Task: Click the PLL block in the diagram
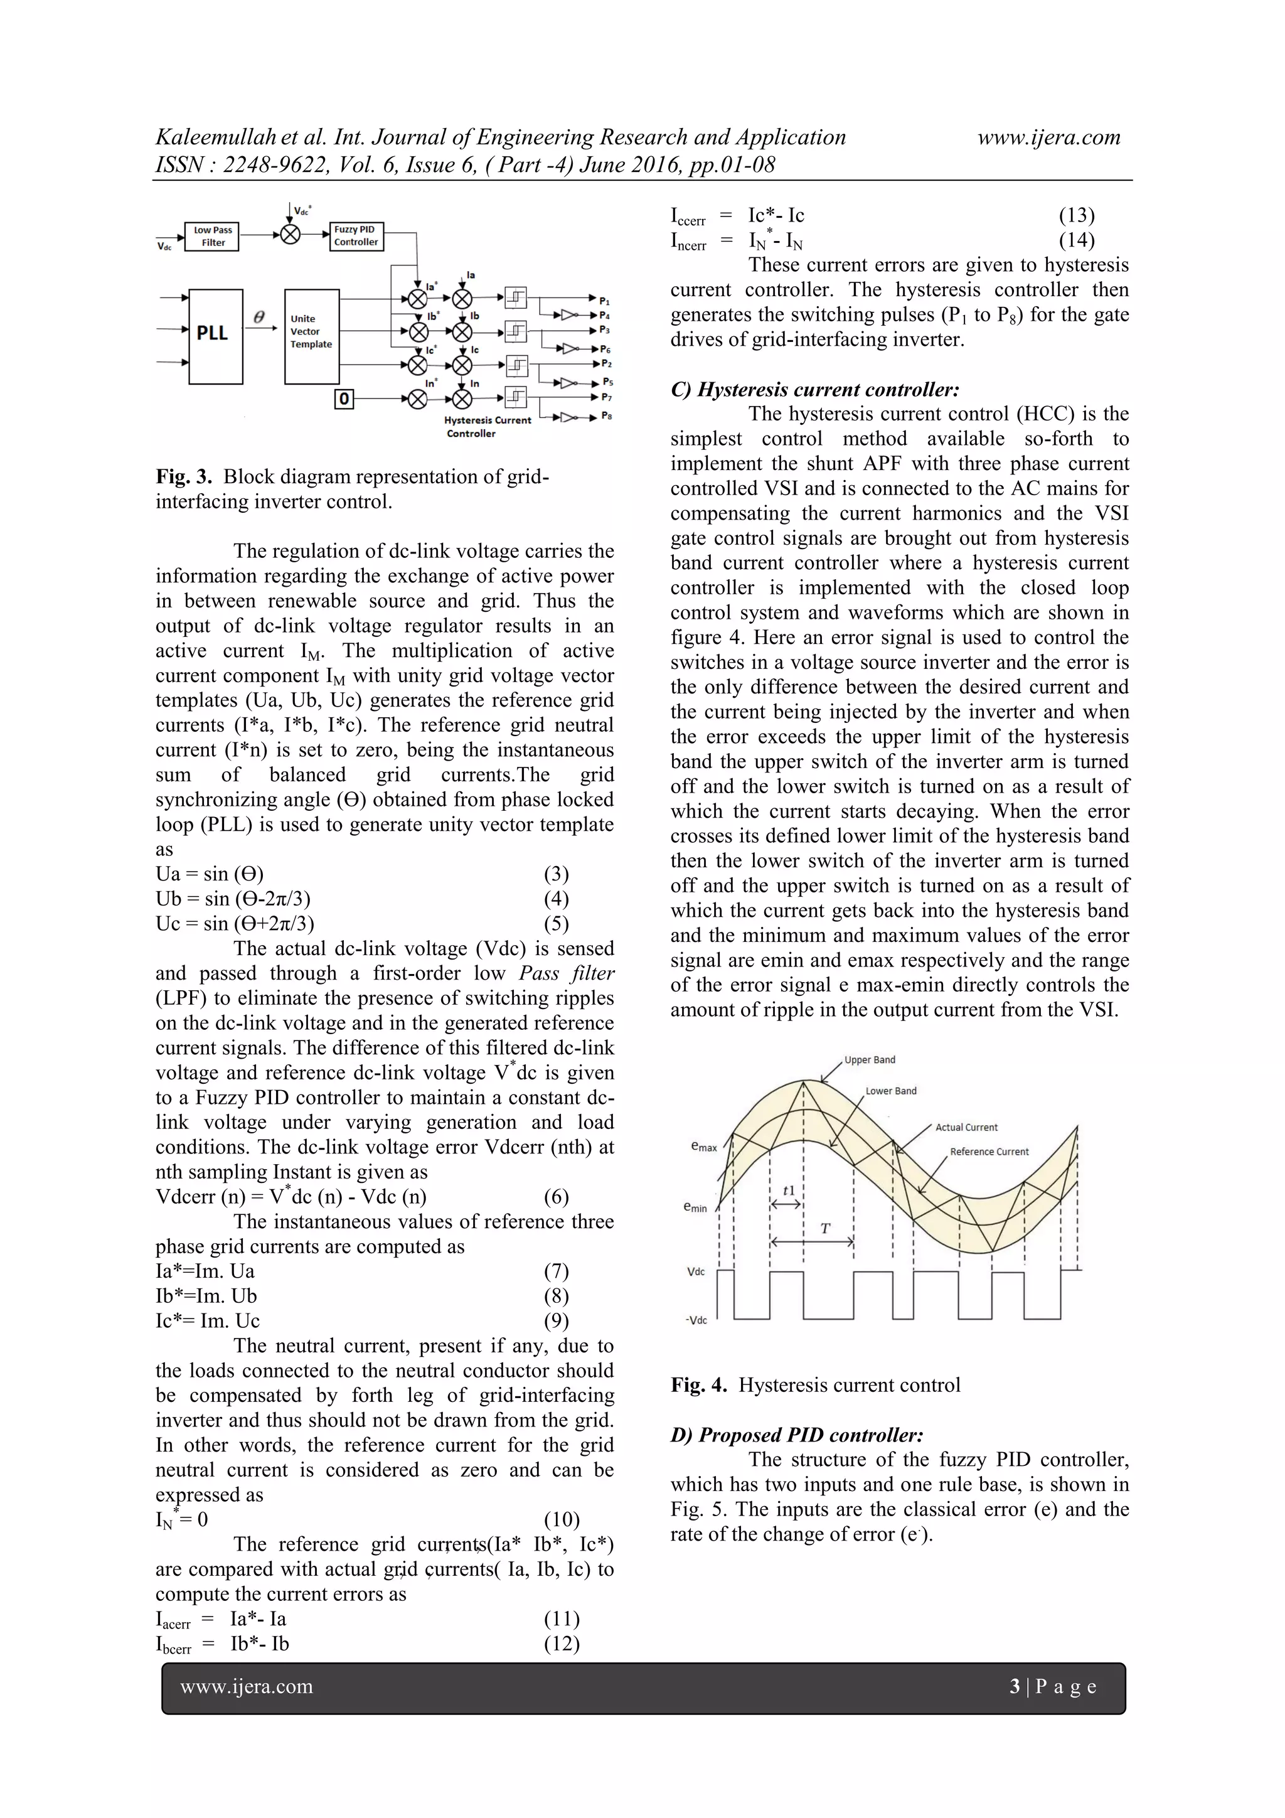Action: [215, 336]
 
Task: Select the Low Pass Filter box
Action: [212, 236]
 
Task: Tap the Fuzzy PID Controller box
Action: [356, 236]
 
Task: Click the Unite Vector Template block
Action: [311, 336]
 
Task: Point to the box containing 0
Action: [344, 399]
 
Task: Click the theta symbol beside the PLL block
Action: [259, 317]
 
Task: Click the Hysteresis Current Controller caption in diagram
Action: [486, 427]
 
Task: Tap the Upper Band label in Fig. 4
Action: [870, 1059]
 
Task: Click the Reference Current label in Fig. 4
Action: [989, 1152]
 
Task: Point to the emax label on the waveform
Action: [703, 1147]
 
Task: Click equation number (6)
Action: [556, 1197]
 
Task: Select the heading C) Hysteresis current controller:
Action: [814, 390]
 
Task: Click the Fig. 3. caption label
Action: [184, 477]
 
